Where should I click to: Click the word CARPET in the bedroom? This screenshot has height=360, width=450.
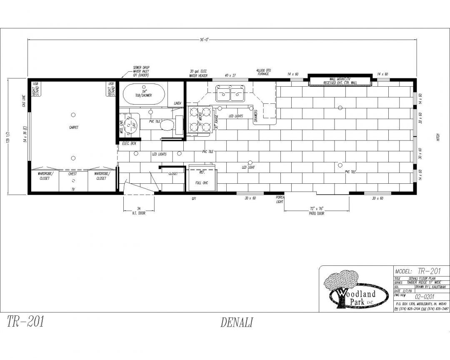click(74, 127)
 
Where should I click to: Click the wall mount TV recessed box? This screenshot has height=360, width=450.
click(340, 81)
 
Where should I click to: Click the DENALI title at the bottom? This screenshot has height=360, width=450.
click(236, 322)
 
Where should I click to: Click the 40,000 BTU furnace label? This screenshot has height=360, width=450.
click(263, 72)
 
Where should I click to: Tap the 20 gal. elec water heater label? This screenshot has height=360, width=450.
click(198, 73)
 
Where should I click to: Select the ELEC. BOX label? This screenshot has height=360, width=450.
click(129, 143)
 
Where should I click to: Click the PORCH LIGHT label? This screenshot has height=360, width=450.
click(280, 200)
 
